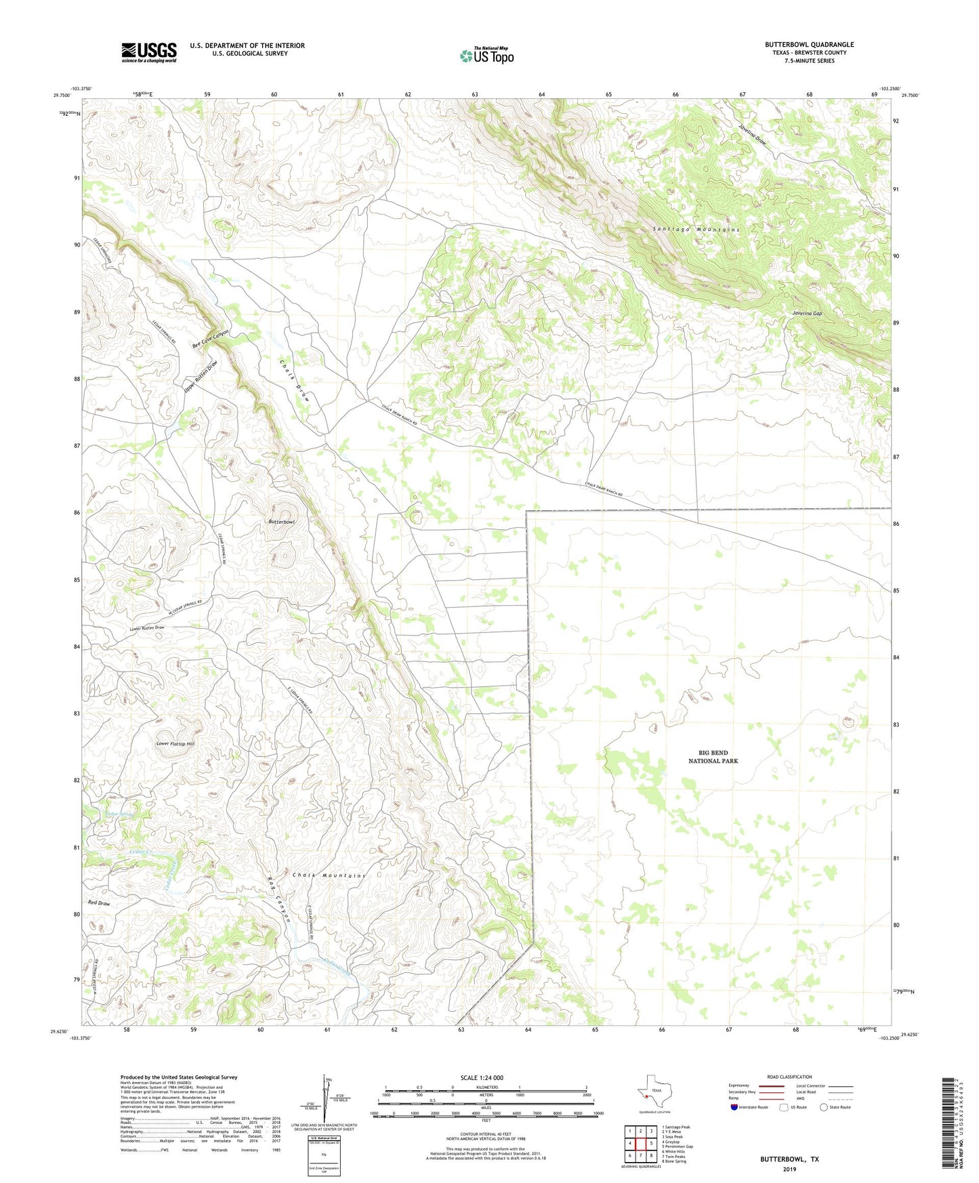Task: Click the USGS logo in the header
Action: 149,51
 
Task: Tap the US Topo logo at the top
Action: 486,56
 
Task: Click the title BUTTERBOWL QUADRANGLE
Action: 809,45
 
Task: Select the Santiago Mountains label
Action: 696,230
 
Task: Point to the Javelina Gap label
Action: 807,314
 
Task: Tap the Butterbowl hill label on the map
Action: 282,522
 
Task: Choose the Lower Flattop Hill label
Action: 175,743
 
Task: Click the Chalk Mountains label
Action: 329,875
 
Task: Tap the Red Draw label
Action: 99,903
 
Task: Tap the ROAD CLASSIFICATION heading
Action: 789,1077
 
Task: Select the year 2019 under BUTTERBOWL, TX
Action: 789,1169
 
